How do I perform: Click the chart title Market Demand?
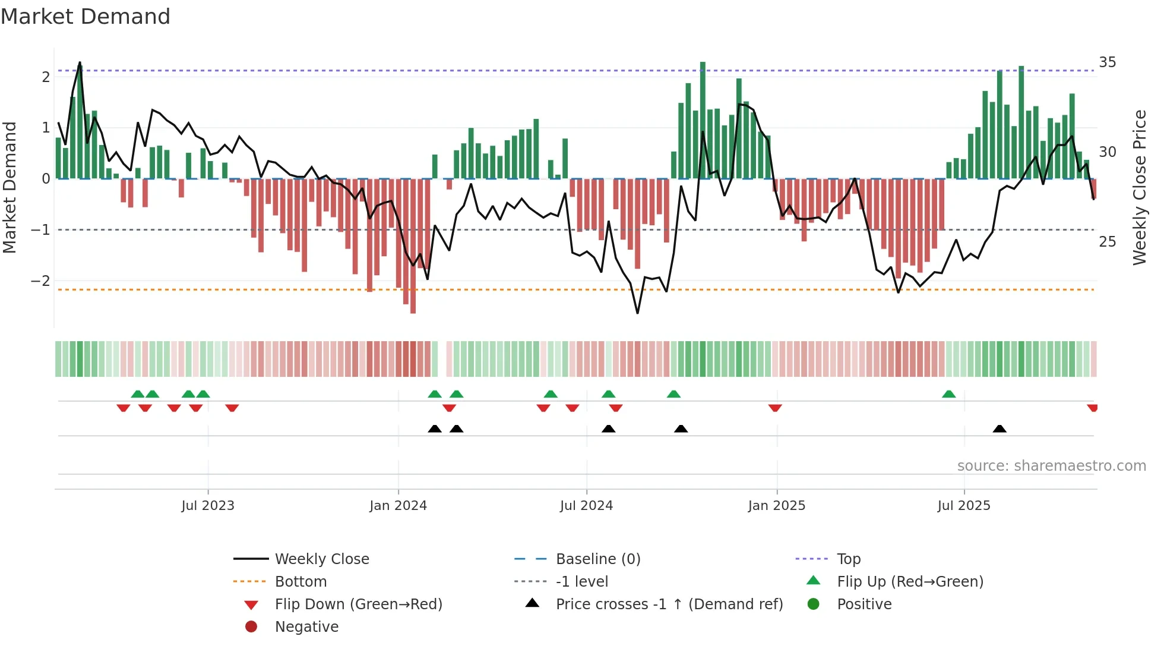point(86,17)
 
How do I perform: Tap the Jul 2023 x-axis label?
point(208,506)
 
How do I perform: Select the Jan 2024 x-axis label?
point(398,506)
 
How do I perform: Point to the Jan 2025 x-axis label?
point(776,506)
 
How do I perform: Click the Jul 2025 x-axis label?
point(964,506)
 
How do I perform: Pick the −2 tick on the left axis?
point(40,281)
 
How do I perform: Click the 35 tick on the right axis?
point(1107,62)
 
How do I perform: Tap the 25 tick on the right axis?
point(1107,242)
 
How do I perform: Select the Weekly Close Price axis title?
point(1139,187)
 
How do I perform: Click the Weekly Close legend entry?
point(321,559)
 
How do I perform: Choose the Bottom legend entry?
point(301,582)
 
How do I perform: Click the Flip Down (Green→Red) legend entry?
point(358,604)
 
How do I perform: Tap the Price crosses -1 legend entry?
point(669,604)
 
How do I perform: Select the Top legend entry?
point(849,559)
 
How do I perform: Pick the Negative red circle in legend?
point(251,627)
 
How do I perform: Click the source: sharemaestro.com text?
point(1051,466)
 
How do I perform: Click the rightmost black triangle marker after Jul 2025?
point(999,429)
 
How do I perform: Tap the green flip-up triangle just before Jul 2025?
point(948,394)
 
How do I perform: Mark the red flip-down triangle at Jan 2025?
point(775,408)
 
